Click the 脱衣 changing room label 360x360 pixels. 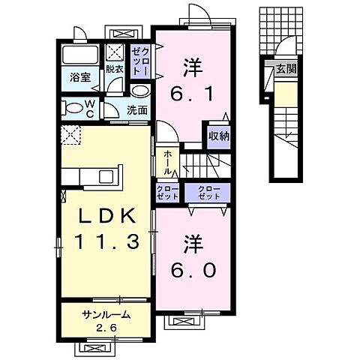pyautogui.click(x=115, y=69)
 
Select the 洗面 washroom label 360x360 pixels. pyautogui.click(x=136, y=110)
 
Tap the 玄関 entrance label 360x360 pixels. pyautogui.click(x=285, y=69)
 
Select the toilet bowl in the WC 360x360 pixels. pyautogui.click(x=72, y=107)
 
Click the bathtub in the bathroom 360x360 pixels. pyautogui.click(x=80, y=55)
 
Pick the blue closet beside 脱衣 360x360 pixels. pyautogui.click(x=140, y=60)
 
